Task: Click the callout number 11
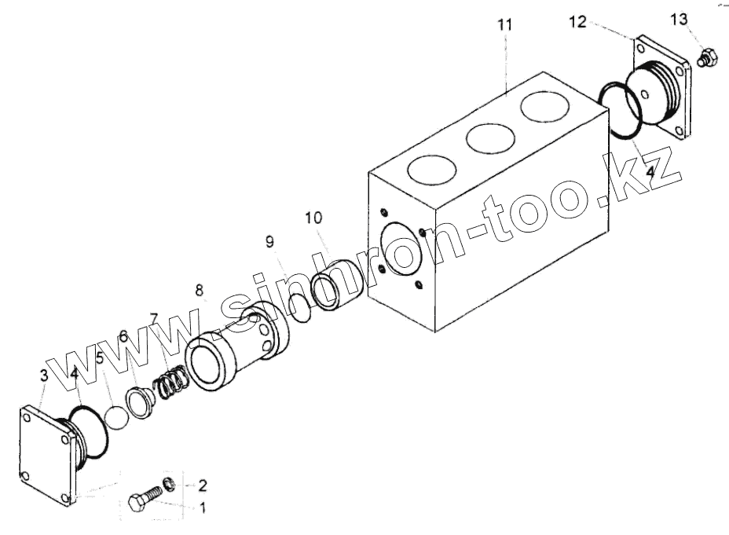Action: coord(504,24)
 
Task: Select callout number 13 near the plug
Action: coord(679,17)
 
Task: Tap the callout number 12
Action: coord(577,21)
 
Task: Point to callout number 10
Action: coord(314,216)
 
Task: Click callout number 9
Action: coord(269,242)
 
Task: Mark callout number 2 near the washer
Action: coord(202,484)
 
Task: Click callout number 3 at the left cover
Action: coord(43,376)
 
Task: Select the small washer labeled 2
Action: coord(169,482)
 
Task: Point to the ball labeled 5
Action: coord(118,416)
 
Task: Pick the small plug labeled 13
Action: coord(705,58)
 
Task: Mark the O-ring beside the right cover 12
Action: coord(620,111)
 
